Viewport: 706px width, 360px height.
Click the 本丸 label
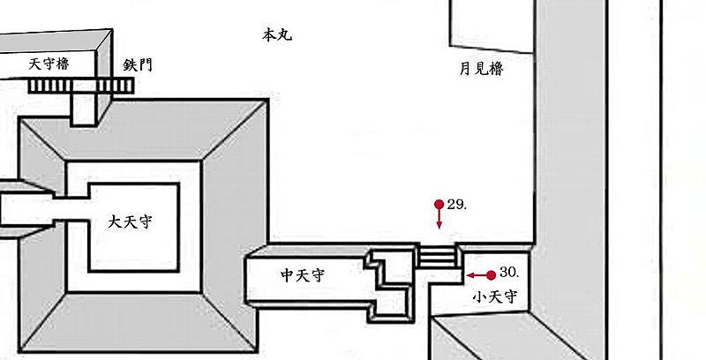pos(277,35)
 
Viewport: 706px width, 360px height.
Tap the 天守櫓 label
pos(49,64)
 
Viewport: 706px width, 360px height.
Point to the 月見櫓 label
pos(481,69)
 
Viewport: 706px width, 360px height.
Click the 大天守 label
pos(130,221)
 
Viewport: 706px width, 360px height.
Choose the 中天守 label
pos(303,276)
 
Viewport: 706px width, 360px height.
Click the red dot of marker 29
pos(439,205)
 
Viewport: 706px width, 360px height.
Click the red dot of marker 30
pos(492,275)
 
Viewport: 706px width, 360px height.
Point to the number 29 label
pos(456,205)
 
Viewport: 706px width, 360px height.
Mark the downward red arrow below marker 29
pos(439,221)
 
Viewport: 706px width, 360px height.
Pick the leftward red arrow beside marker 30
pos(476,275)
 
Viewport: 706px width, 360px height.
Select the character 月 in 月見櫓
pos(465,69)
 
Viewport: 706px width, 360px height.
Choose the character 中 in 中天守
pos(288,276)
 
